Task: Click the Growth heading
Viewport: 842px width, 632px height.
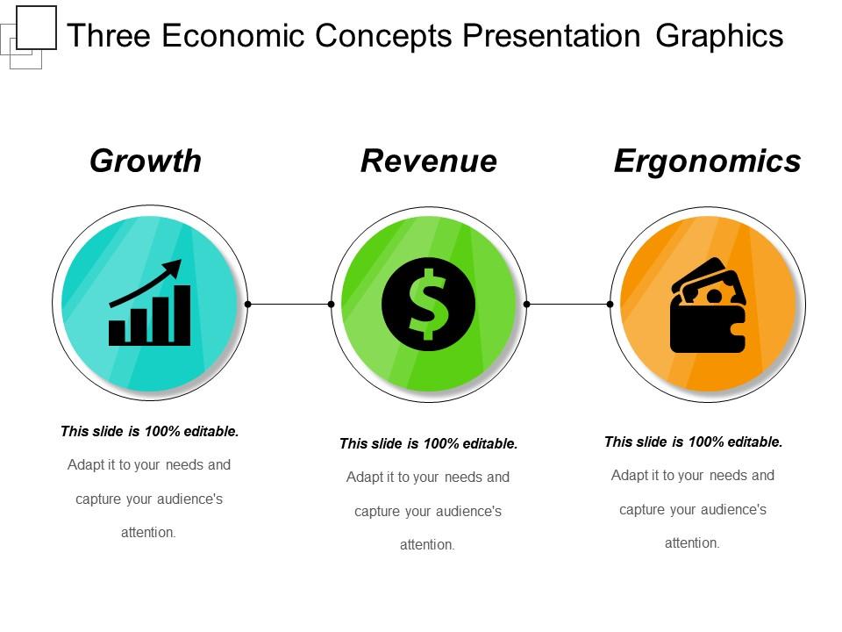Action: coord(146,162)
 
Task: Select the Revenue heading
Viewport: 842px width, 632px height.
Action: coord(429,161)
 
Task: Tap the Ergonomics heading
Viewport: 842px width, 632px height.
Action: coord(707,162)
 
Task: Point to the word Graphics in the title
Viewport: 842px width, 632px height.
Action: coord(719,36)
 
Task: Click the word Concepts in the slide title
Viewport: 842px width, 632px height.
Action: coord(383,37)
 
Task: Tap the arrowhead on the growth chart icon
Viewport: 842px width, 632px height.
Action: coord(173,267)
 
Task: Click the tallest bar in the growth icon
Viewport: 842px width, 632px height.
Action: coord(182,315)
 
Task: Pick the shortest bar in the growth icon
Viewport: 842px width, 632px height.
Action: coord(117,333)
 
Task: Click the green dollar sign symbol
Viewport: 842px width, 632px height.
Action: coord(428,305)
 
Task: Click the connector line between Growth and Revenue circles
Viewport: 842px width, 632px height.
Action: coord(289,305)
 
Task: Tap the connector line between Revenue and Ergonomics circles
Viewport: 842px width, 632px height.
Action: coord(568,305)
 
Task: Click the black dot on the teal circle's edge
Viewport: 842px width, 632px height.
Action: coord(248,305)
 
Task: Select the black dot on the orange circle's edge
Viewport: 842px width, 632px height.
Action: coord(610,305)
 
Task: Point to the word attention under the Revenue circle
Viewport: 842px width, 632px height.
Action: coord(427,545)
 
